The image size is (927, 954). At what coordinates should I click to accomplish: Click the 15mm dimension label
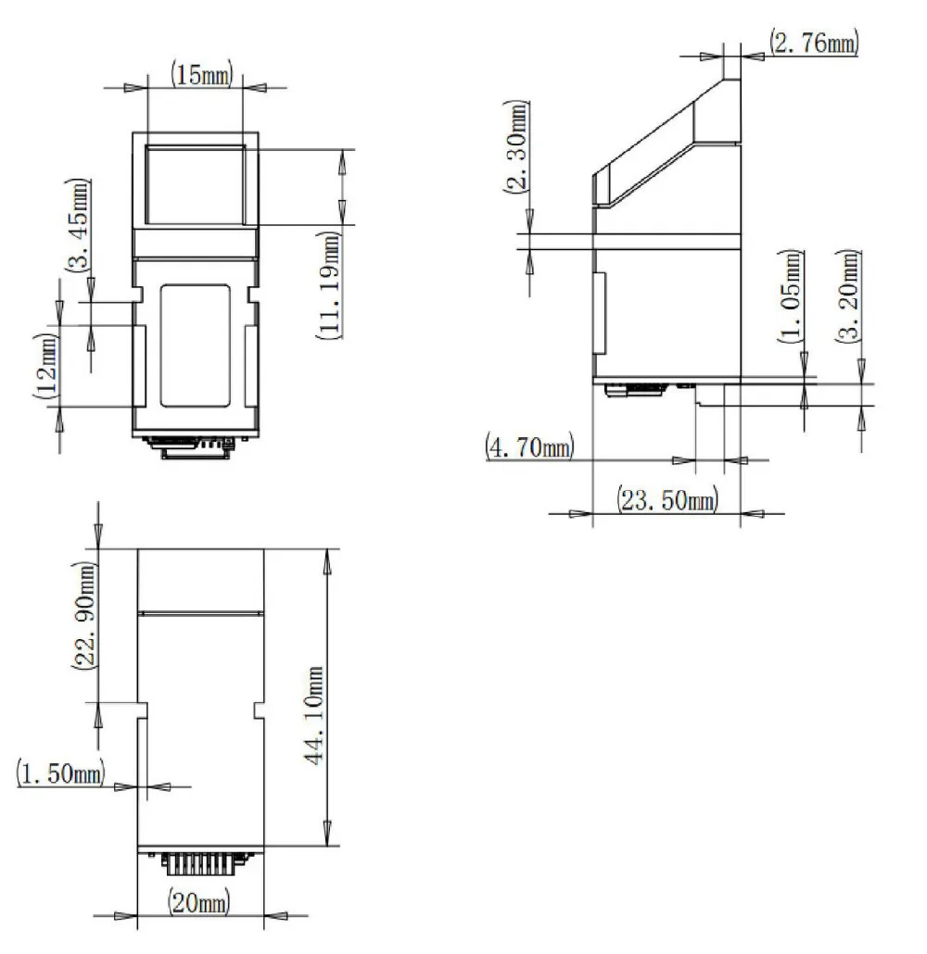[201, 74]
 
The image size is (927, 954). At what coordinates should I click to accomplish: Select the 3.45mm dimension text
[78, 225]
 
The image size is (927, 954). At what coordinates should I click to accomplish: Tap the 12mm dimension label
[46, 366]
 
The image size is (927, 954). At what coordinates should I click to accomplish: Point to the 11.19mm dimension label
[329, 285]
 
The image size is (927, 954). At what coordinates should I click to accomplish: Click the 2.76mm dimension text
[814, 42]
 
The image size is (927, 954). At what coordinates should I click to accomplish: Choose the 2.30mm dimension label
[516, 146]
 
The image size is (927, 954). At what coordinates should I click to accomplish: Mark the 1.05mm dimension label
[791, 296]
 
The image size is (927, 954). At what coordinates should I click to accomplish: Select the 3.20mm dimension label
[848, 296]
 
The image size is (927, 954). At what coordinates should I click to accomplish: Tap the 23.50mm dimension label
[667, 500]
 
